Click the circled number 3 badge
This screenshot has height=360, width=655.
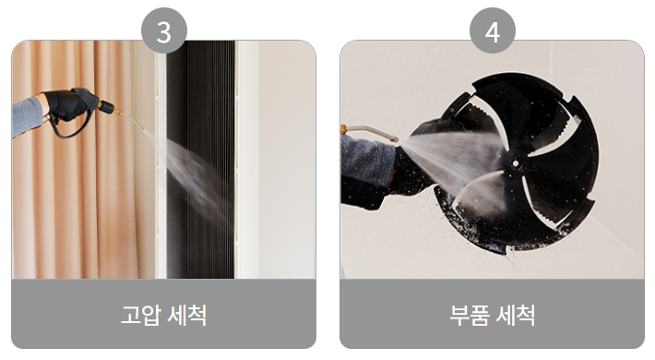point(164,32)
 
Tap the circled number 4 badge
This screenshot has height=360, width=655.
point(493,32)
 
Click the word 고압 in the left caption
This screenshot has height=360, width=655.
point(138,314)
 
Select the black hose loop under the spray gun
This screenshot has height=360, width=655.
point(69,129)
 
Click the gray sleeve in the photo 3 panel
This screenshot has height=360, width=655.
point(26,116)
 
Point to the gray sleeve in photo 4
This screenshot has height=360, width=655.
point(364,171)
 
